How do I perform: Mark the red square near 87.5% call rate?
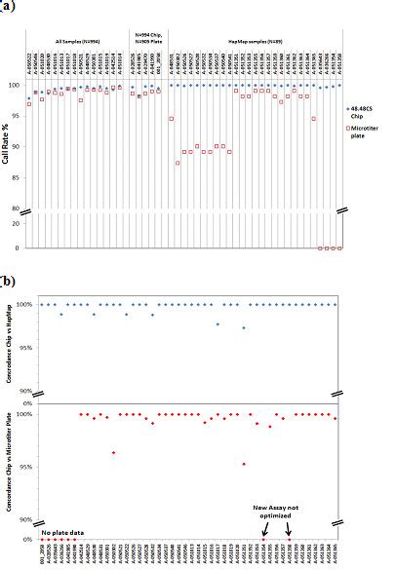pyautogui.click(x=178, y=163)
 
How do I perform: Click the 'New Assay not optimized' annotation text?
pyautogui.click(x=277, y=512)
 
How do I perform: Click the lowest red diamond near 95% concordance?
pyautogui.click(x=244, y=464)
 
